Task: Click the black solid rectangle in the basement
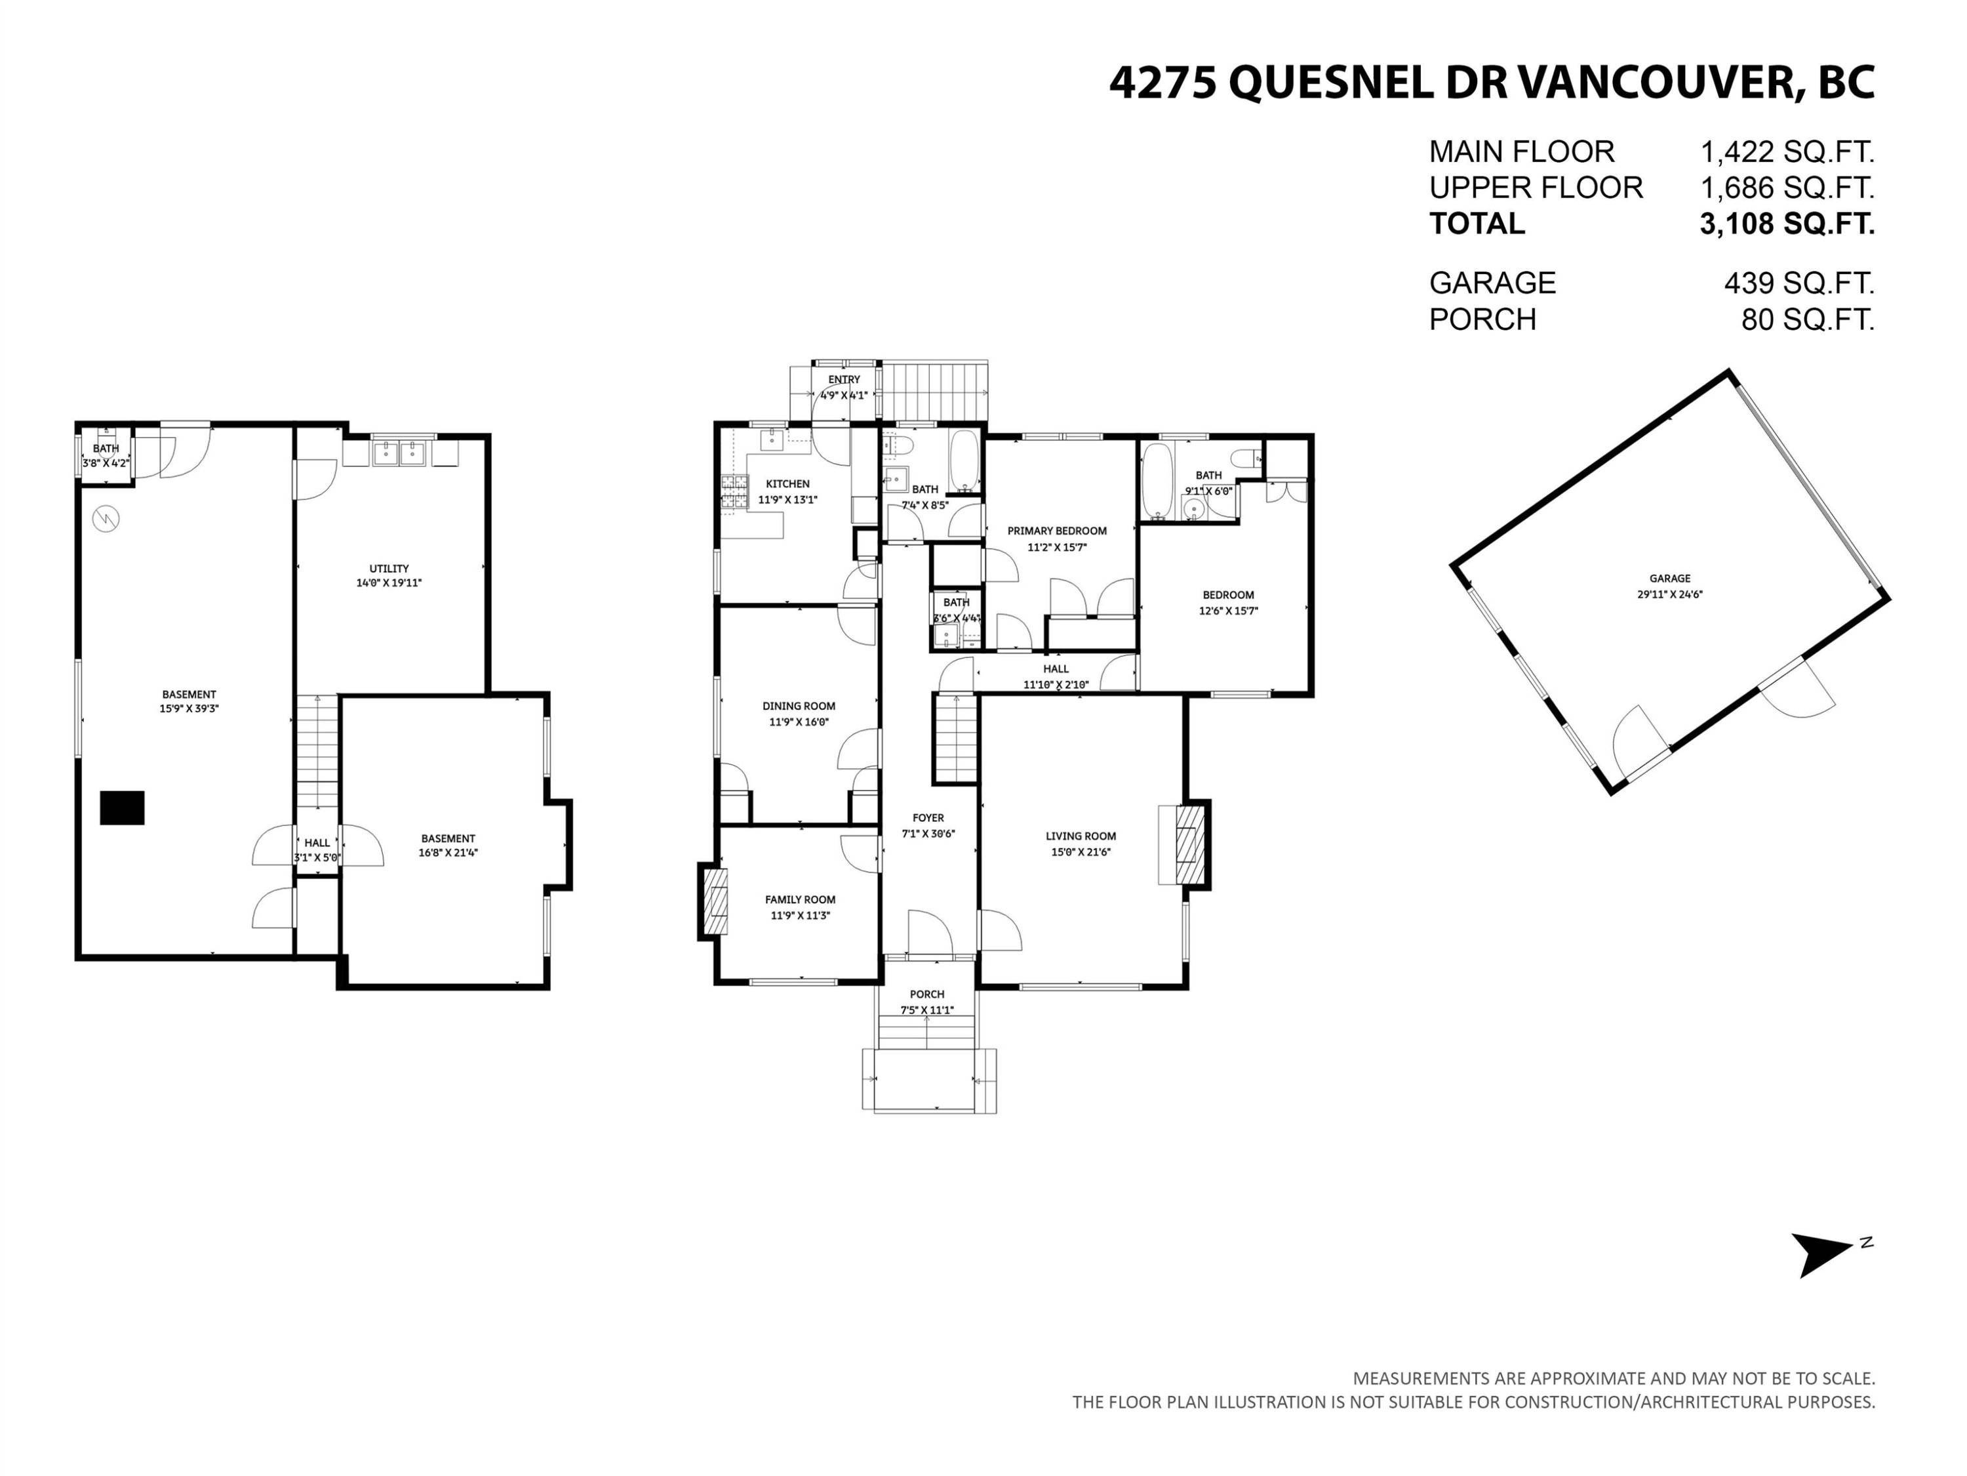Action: [122, 808]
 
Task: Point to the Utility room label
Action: [389, 569]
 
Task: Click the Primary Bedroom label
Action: [1056, 531]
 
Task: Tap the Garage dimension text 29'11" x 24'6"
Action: [1669, 594]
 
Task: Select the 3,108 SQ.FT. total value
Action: [1787, 223]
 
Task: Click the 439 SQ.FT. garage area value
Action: [1798, 283]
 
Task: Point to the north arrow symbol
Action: [1823, 1253]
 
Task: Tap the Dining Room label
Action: [799, 707]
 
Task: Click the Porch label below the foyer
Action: [926, 994]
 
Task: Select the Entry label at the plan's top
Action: [844, 380]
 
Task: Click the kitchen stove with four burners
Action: [734, 492]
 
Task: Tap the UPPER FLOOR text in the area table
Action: [1536, 188]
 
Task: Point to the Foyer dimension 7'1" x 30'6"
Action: [928, 834]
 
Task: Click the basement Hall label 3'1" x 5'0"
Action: [317, 850]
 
